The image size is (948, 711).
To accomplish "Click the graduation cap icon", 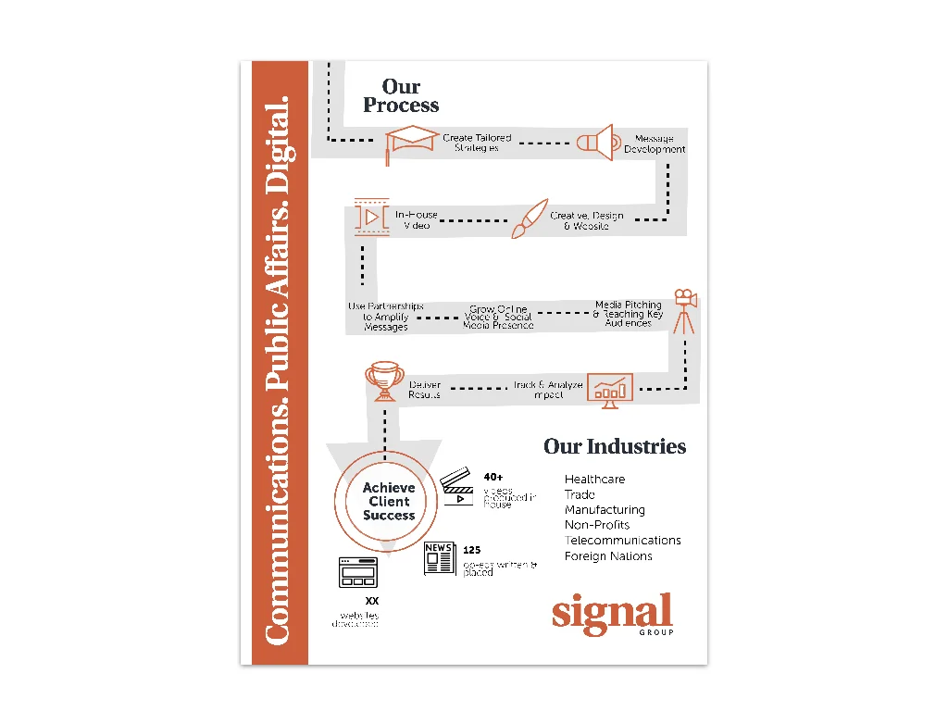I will coord(411,143).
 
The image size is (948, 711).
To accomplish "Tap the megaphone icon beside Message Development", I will coord(594,142).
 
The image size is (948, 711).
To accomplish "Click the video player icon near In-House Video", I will coord(369,217).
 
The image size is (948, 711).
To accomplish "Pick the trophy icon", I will coord(383,380).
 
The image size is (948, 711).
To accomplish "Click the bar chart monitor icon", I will coord(609,390).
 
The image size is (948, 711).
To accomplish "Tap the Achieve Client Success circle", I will coord(389,502).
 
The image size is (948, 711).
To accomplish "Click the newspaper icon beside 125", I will coord(440,558).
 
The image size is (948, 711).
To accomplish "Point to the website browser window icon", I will coord(359,572).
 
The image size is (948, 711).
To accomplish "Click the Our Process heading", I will coord(401,95).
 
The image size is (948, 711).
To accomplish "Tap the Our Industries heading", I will coord(615,446).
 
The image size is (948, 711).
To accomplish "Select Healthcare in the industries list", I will coord(594,480).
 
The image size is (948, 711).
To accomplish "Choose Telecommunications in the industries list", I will coord(622,541).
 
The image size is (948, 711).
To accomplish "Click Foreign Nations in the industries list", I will coord(608,556).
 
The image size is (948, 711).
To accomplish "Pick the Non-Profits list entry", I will coord(597,525).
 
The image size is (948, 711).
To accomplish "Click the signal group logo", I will coord(612,615).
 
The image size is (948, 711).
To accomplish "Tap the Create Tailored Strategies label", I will coord(477,143).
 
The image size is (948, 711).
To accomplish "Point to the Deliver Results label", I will coord(425,390).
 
